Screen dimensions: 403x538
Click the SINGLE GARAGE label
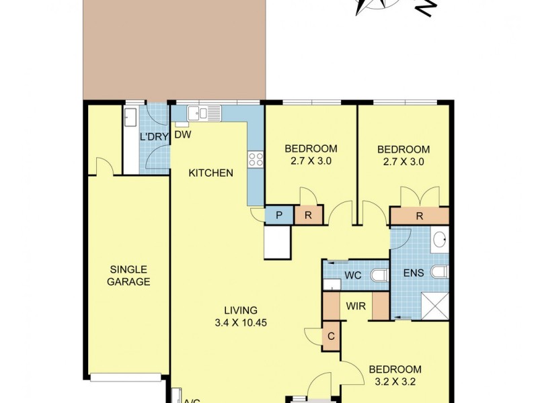point(129,276)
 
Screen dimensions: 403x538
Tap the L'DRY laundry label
point(153,137)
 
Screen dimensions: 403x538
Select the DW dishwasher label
point(183,134)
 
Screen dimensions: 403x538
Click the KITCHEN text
point(210,173)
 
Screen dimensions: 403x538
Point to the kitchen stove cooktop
point(256,159)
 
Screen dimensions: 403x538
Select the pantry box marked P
point(278,216)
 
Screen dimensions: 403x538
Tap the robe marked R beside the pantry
point(308,216)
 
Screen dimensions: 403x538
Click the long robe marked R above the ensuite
point(420,216)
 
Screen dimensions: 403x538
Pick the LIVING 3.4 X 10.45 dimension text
point(241,316)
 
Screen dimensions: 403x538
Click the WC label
point(353,275)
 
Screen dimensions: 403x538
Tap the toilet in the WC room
point(379,275)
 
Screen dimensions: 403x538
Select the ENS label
point(413,274)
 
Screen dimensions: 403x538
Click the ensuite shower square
point(434,306)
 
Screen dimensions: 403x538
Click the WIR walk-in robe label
point(356,306)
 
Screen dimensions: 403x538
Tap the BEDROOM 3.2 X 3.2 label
point(395,375)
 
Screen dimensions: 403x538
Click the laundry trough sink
point(130,118)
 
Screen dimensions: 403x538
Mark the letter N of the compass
point(426,9)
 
